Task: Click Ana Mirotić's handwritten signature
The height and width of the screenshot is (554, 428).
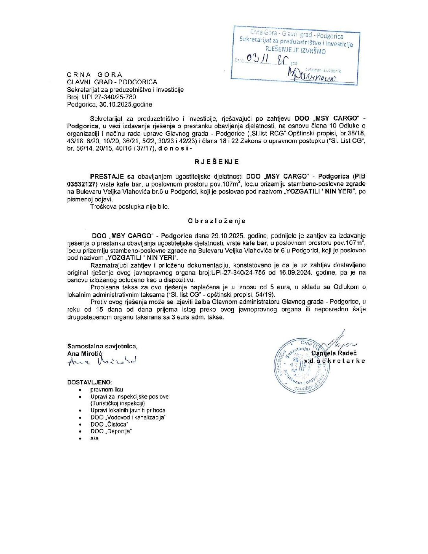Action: [x=102, y=361]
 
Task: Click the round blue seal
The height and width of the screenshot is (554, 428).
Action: [x=301, y=366]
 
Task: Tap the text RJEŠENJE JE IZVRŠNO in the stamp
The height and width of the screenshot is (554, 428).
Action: [x=295, y=51]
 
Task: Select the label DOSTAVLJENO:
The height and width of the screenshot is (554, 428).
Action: [x=89, y=382]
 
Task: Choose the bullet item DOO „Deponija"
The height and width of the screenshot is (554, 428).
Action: [x=111, y=431]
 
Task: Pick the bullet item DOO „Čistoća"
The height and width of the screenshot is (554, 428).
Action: [x=109, y=424]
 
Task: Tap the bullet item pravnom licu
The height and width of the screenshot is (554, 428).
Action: [x=107, y=390]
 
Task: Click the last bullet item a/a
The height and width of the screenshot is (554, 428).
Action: [x=94, y=438]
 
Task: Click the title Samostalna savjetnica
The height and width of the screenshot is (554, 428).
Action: [x=102, y=346]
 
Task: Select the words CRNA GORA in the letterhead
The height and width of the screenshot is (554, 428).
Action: [x=95, y=75]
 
